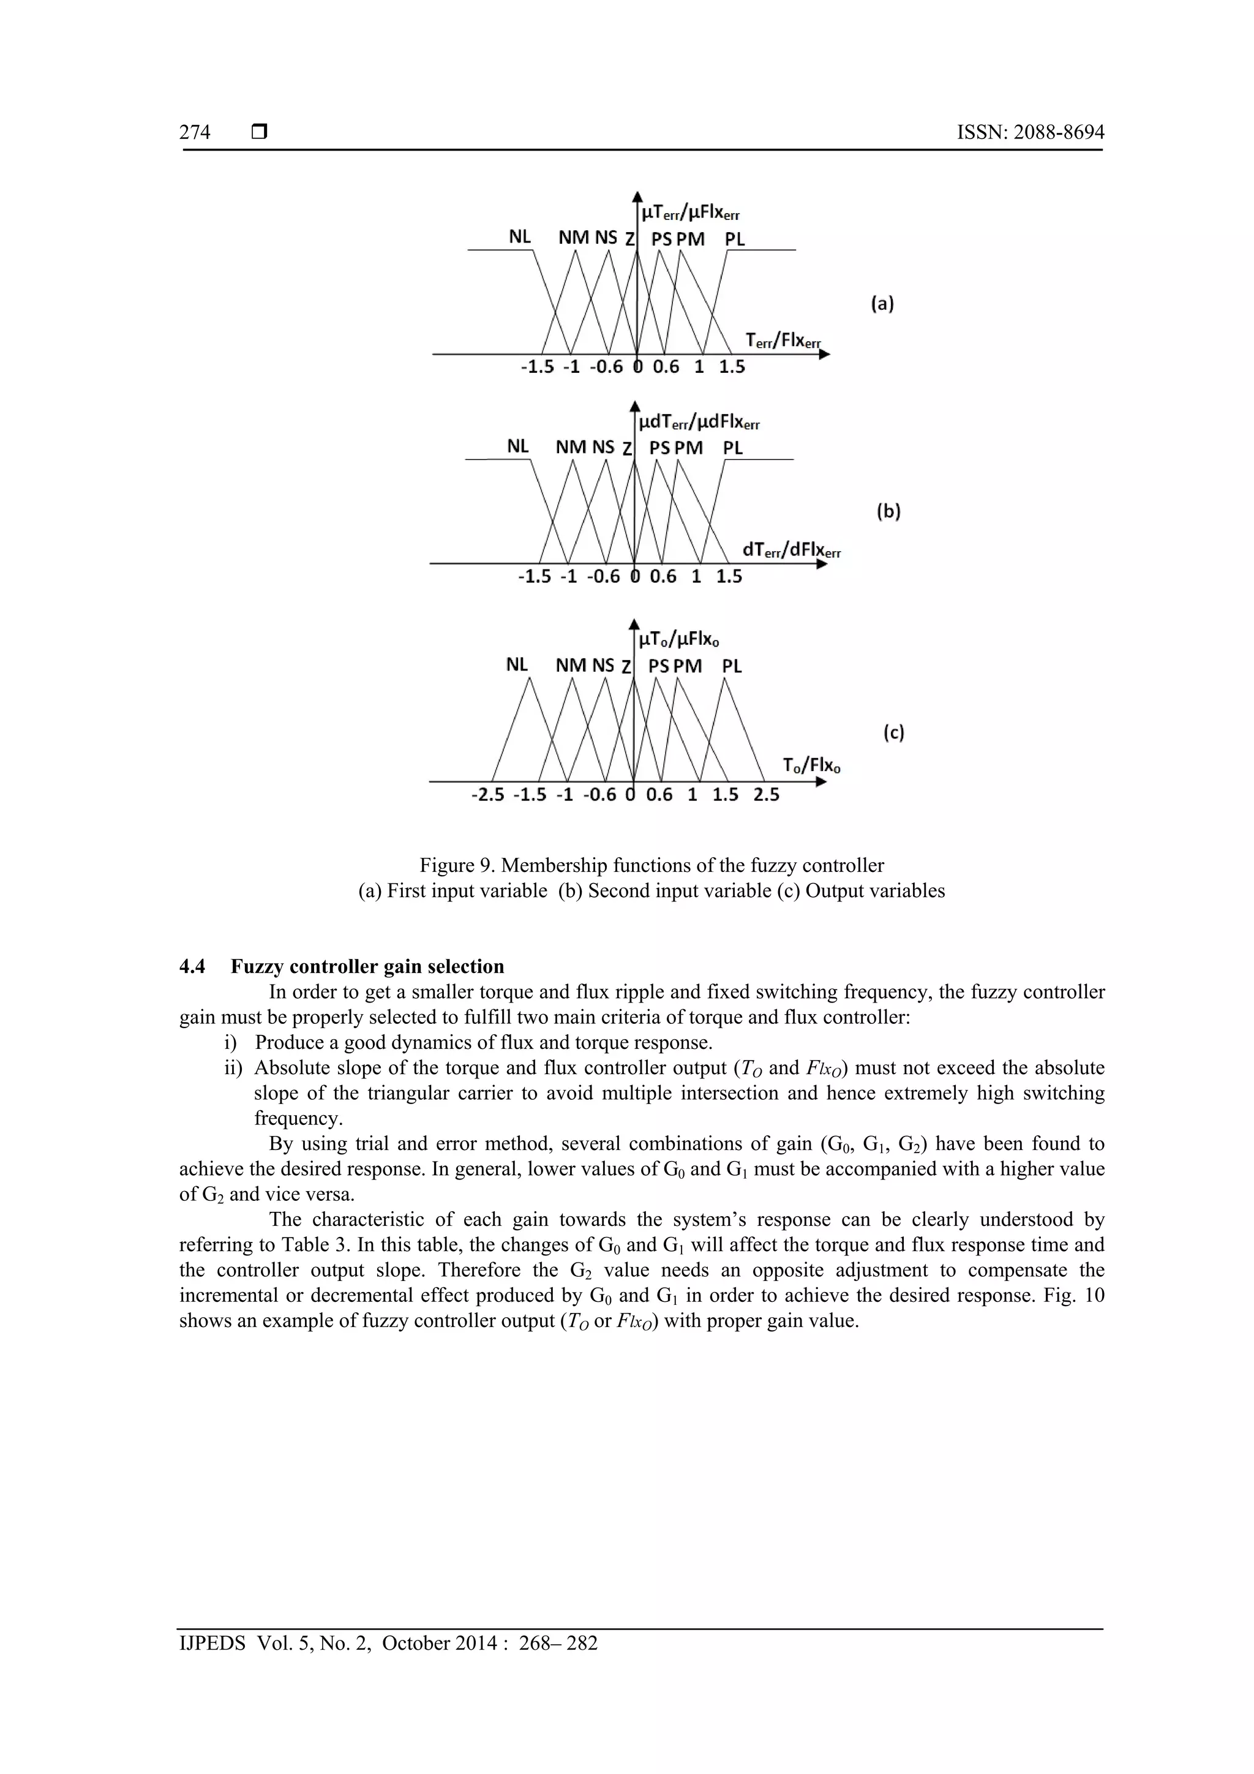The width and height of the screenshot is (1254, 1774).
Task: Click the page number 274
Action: tap(195, 133)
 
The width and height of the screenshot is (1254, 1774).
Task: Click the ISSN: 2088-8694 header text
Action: tap(1030, 133)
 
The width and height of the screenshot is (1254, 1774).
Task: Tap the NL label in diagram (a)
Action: tap(519, 237)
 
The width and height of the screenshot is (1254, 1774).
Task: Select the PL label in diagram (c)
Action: tap(732, 666)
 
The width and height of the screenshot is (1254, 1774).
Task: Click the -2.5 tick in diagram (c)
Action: tap(487, 795)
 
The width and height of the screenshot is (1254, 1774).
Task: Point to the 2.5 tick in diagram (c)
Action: tap(767, 795)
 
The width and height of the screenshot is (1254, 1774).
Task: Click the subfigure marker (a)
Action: tap(882, 304)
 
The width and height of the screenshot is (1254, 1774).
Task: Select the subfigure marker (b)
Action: tap(888, 511)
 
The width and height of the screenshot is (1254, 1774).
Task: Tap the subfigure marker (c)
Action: tap(893, 732)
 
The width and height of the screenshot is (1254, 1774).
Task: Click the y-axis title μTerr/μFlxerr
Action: tap(690, 212)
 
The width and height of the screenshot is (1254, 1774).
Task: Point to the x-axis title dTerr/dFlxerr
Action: tap(791, 550)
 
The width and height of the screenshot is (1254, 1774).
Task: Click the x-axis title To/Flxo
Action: tap(811, 765)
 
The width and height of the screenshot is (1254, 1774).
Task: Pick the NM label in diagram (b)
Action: tap(571, 448)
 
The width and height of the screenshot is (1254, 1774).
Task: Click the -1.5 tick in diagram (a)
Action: tap(537, 367)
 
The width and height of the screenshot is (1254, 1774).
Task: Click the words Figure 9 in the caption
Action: tap(452, 865)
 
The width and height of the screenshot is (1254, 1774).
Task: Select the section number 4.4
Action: tap(192, 966)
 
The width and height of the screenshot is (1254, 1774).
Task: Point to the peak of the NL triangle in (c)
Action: tap(530, 678)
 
